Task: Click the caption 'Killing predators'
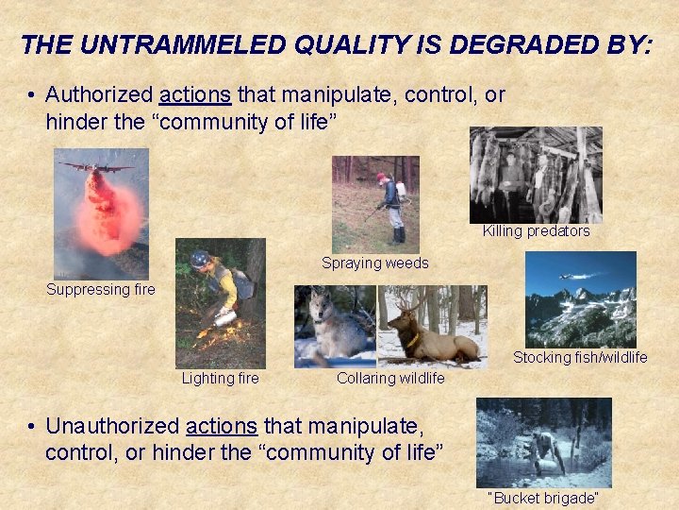pos(536,231)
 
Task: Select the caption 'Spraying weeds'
pos(374,263)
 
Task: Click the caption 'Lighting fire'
pos(220,378)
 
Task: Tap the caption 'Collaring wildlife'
pos(390,378)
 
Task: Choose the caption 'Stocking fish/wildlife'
pos(580,357)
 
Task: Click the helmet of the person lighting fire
pos(199,258)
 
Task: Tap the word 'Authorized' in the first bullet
pos(100,95)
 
